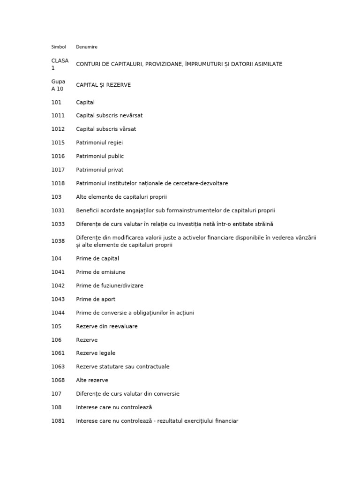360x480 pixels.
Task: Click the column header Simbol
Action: (59, 47)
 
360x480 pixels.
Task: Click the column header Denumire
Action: (87, 47)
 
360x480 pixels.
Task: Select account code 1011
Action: (58, 115)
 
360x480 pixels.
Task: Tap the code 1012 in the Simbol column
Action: (58, 129)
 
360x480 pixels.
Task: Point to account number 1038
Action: (58, 241)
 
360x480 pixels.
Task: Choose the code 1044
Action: (58, 313)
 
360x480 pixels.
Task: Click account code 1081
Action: (58, 421)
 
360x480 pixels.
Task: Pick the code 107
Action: (56, 394)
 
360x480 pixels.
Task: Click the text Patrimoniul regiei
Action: (99, 142)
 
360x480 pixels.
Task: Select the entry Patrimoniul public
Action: (100, 156)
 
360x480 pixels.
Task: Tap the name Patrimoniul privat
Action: (99, 170)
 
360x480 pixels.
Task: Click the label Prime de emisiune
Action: (101, 272)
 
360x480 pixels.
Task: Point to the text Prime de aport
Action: (96, 299)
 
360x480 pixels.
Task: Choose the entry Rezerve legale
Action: (96, 353)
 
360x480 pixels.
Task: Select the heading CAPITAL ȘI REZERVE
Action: (104, 85)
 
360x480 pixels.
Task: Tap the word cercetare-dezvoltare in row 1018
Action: (199, 183)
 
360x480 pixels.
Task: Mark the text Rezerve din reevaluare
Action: (107, 326)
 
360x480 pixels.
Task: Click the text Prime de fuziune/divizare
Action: (110, 285)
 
